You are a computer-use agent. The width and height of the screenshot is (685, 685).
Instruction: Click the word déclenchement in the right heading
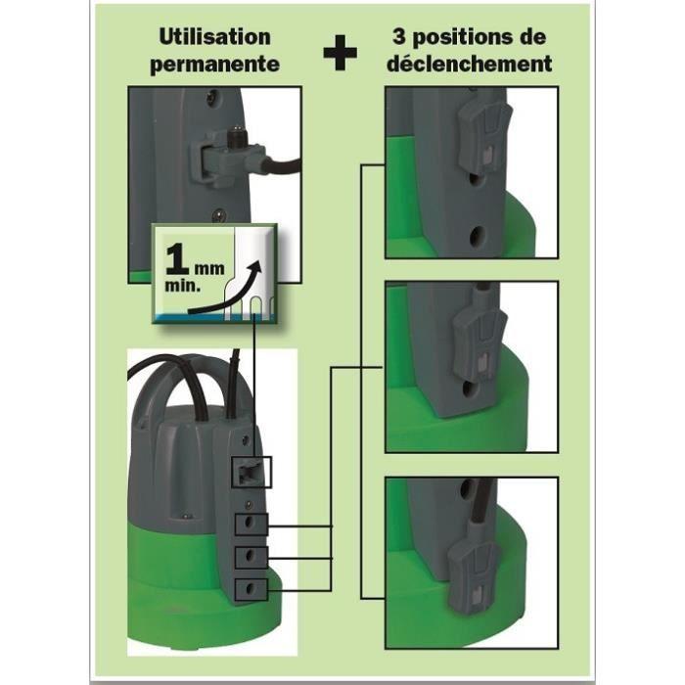click(x=470, y=65)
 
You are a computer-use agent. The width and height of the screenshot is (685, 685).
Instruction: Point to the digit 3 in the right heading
click(x=396, y=37)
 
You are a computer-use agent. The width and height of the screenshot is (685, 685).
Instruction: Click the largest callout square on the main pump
click(x=251, y=471)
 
